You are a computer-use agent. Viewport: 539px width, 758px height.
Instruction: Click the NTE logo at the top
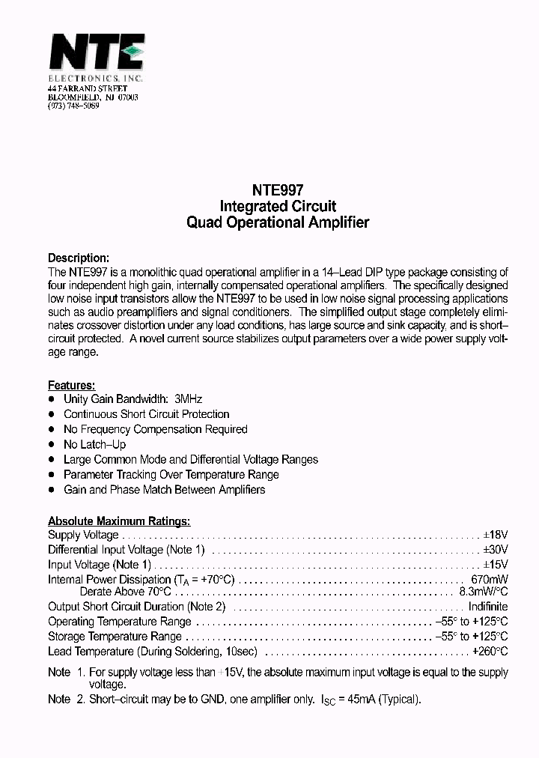(x=96, y=54)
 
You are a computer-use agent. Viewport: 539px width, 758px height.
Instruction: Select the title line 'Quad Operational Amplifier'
(x=278, y=222)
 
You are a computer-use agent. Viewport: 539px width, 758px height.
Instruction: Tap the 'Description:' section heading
(x=79, y=258)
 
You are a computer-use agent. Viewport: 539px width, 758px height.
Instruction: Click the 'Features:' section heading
(x=72, y=385)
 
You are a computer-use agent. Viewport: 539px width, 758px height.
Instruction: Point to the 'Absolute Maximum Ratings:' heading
(x=119, y=521)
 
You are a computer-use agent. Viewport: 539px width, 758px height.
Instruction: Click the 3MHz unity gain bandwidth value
(x=189, y=399)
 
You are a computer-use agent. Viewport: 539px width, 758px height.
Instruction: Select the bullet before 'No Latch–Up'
(x=52, y=444)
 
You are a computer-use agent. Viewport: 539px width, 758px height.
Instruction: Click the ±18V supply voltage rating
(x=495, y=535)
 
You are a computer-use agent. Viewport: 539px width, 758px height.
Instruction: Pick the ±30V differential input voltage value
(x=495, y=550)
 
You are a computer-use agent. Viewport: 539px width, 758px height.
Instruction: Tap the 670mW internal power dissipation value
(x=490, y=580)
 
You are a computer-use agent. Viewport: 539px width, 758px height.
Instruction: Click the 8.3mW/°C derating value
(x=484, y=592)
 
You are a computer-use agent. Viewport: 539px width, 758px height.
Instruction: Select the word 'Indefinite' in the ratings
(x=488, y=607)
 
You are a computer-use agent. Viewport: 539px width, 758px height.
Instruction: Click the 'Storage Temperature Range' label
(x=115, y=637)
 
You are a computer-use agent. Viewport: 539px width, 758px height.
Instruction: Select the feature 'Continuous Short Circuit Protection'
(x=147, y=414)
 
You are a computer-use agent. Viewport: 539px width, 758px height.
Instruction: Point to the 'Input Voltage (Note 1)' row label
(x=100, y=565)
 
